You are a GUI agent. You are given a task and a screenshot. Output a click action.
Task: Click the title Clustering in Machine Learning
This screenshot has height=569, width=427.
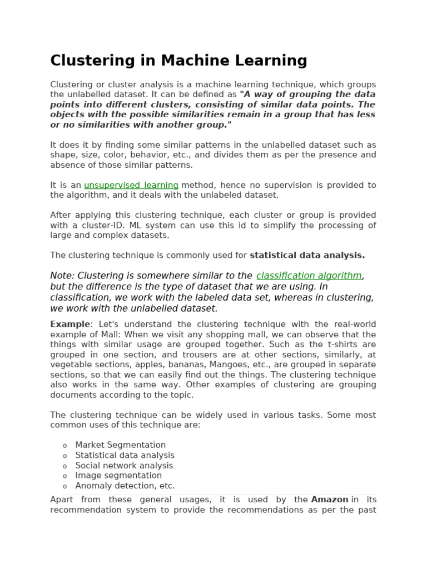point(178,60)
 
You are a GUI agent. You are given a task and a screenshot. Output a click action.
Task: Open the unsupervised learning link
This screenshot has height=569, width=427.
point(131,185)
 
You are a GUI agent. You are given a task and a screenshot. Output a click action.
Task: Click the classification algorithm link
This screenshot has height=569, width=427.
point(309,276)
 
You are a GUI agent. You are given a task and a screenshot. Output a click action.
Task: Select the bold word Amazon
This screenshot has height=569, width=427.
point(330,500)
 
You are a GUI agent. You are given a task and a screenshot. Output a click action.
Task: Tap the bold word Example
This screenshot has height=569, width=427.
point(69,324)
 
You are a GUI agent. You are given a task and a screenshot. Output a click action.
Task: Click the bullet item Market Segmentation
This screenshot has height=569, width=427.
point(120,445)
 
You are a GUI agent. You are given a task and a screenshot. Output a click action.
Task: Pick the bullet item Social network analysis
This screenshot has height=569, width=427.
point(124,466)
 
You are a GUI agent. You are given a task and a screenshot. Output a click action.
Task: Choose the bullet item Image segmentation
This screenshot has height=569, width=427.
point(118,476)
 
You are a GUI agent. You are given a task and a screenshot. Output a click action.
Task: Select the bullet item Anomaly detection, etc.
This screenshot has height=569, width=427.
point(125,486)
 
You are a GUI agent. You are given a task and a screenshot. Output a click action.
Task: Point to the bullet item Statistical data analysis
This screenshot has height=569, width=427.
point(125,455)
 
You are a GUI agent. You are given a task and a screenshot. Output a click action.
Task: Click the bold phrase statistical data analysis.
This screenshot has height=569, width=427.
point(307,256)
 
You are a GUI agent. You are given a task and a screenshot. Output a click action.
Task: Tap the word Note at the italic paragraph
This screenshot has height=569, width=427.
point(62,276)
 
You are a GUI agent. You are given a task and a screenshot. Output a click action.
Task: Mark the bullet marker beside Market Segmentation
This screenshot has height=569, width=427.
point(64,446)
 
